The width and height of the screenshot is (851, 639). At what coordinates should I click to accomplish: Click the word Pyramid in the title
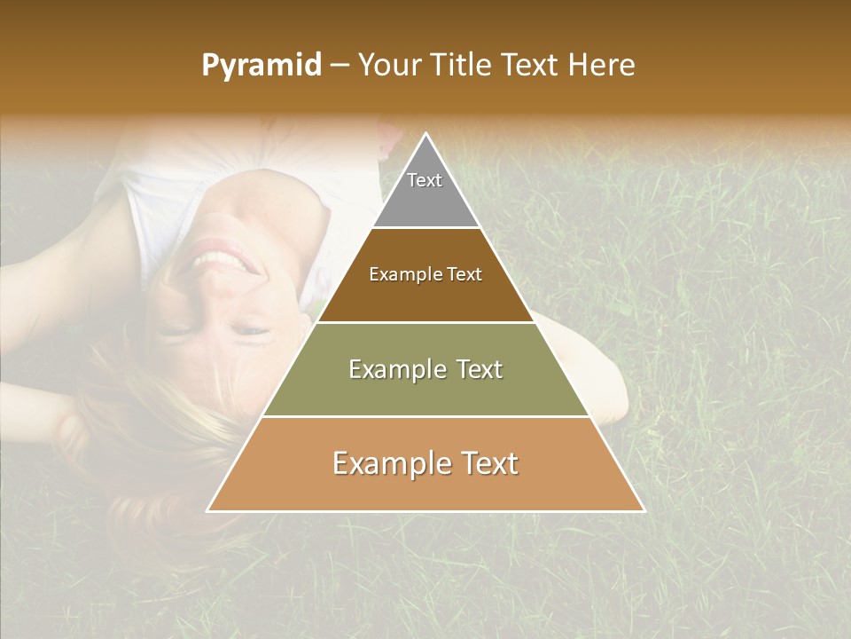click(261, 66)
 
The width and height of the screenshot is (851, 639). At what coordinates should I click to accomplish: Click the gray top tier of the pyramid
click(426, 201)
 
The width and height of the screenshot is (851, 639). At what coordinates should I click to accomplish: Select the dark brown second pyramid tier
click(426, 297)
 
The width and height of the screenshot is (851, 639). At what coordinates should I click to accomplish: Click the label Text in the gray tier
click(425, 180)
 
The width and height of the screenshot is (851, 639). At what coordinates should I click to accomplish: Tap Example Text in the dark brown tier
click(425, 274)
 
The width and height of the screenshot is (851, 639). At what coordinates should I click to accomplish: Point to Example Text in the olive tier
click(425, 369)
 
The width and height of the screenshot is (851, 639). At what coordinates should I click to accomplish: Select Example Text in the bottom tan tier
click(425, 463)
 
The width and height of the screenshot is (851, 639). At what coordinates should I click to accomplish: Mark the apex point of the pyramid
click(426, 134)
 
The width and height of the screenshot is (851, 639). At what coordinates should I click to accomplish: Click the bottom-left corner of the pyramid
click(208, 511)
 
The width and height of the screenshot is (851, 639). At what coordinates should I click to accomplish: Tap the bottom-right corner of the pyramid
click(644, 511)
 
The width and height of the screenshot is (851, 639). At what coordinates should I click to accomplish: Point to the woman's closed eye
click(251, 331)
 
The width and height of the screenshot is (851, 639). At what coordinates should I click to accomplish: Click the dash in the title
click(339, 66)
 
